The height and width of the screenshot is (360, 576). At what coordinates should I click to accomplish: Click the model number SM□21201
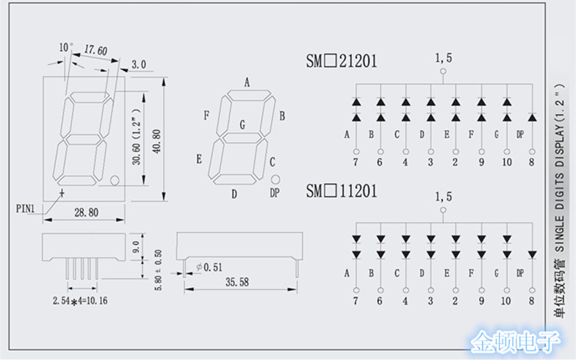pos(342,61)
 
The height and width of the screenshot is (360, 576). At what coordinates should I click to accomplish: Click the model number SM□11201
pos(342,192)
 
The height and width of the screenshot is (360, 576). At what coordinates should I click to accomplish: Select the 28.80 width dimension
pos(86,212)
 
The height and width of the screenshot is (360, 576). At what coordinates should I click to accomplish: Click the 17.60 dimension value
pos(96,51)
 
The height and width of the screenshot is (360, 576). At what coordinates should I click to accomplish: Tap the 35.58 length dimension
pos(236,281)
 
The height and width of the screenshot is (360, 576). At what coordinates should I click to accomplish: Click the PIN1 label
pos(26,208)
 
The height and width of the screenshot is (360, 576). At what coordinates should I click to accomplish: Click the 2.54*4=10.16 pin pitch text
pos(80,300)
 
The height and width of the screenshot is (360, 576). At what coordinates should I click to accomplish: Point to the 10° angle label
pos(66,47)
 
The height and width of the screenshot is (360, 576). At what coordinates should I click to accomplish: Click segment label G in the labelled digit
pos(242,124)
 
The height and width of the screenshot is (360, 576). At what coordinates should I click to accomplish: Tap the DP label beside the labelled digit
pos(275,192)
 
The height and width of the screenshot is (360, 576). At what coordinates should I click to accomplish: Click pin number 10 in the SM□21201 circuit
pos(506,162)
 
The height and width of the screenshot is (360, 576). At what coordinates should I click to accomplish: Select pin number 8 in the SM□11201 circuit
pos(531,300)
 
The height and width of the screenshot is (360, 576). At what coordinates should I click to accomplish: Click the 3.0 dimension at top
pos(139,64)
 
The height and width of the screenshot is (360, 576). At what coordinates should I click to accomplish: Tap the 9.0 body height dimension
pos(134,245)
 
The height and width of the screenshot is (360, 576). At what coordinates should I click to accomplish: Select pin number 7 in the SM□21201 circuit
pos(356,162)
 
